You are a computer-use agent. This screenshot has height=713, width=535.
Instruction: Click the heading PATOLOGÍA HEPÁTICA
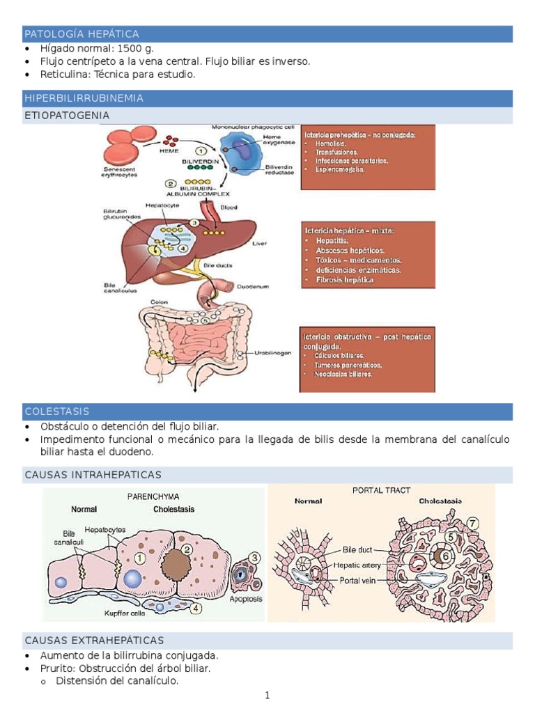tap(82, 34)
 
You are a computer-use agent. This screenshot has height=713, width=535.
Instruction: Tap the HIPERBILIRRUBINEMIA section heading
tap(84, 98)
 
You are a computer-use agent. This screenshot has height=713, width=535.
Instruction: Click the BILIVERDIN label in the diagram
tap(201, 160)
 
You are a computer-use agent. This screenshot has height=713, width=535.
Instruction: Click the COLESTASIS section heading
tap(56, 412)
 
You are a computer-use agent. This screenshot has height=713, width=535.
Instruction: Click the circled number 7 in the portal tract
tap(472, 523)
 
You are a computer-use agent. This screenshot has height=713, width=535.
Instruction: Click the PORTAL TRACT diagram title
tap(381, 490)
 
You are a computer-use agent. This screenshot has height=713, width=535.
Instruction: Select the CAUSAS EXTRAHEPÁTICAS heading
tap(94, 640)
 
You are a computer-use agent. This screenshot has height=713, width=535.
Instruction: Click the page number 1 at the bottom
tap(267, 695)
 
